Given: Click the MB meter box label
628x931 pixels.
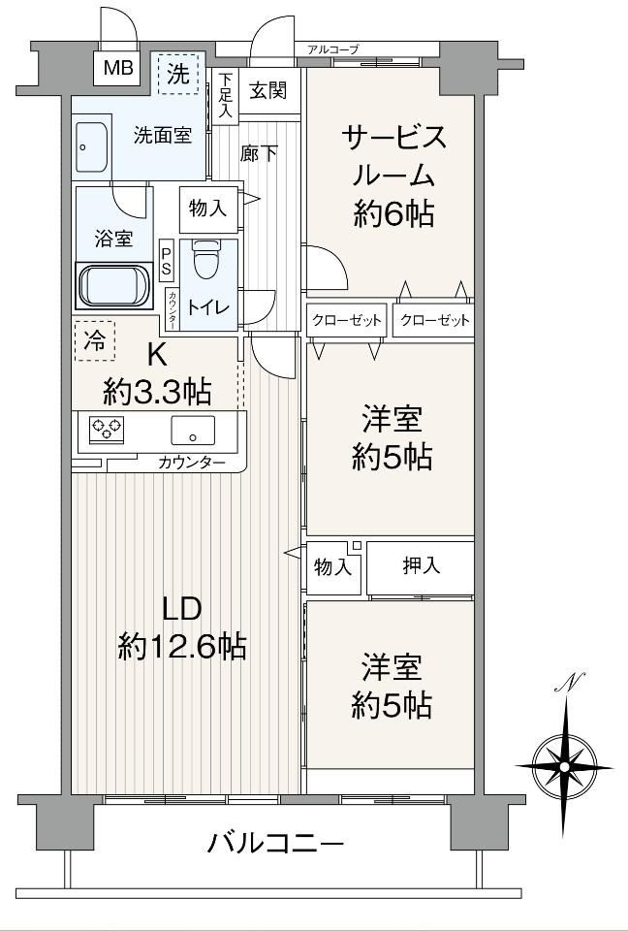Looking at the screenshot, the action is [117, 68].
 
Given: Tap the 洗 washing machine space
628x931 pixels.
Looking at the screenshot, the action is [178, 74].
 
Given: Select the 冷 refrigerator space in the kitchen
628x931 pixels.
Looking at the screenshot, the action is [95, 340].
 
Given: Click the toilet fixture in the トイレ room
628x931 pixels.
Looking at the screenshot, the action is [207, 259].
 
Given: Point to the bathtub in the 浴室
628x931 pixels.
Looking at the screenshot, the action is [115, 285].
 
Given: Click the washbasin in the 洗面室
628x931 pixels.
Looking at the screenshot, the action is [92, 147].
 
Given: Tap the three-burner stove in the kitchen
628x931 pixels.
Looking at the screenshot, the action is [107, 428].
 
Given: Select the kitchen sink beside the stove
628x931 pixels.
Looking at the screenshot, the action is [193, 431].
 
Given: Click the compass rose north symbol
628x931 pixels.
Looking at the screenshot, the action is [564, 765].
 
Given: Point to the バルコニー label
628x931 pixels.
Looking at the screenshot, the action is [275, 842].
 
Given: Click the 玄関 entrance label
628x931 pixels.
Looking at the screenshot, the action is [268, 90].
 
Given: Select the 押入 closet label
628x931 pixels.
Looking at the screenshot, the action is [422, 565].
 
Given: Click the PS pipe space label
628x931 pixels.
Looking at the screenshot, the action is [166, 260].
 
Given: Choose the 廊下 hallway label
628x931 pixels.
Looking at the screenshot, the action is [260, 154].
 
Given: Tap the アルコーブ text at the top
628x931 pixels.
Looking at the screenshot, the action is [333, 49].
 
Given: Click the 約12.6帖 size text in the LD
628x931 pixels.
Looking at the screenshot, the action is [182, 646].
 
